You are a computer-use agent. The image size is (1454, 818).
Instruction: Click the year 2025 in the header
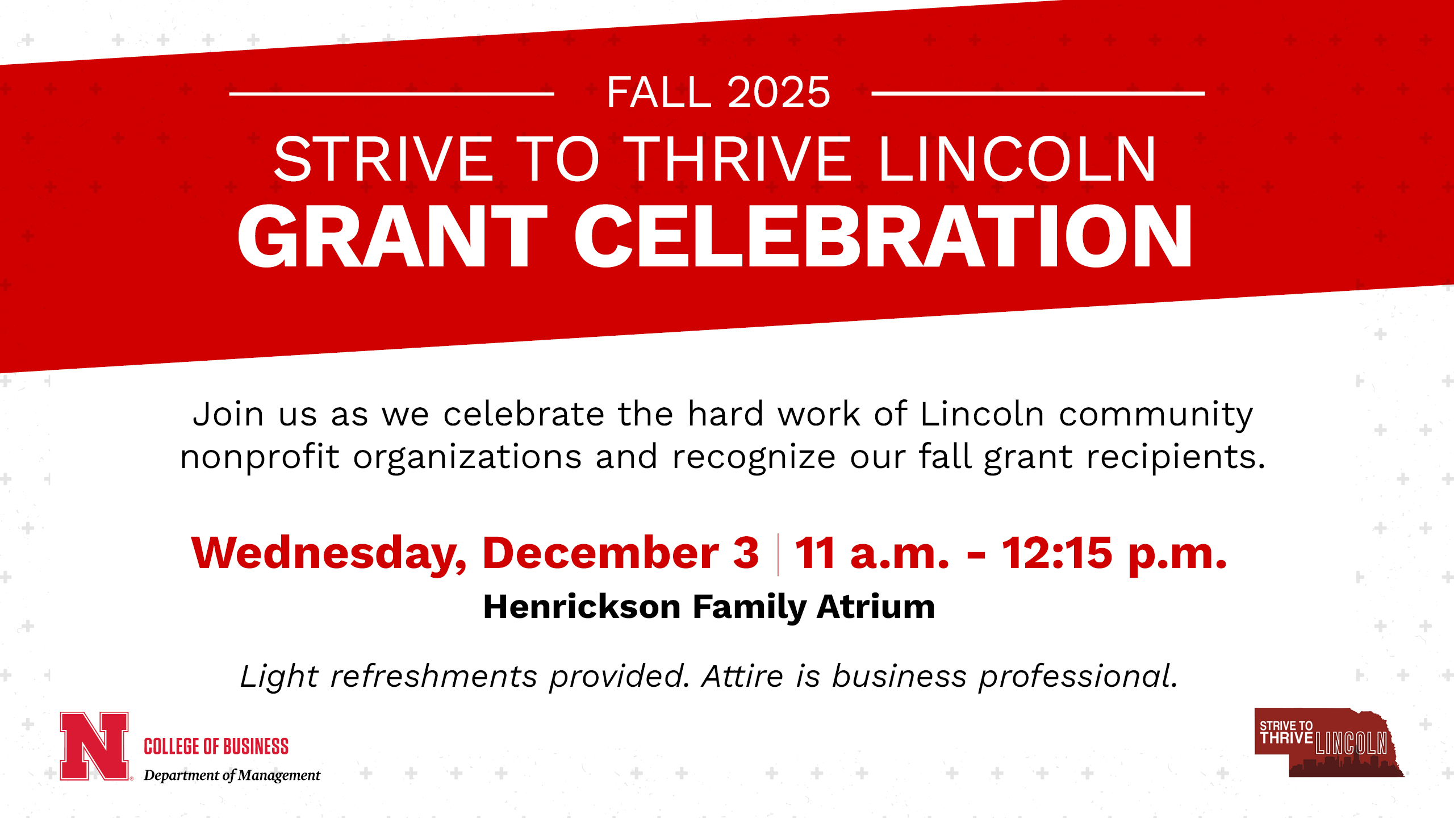779,92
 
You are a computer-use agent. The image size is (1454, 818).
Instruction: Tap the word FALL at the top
659,92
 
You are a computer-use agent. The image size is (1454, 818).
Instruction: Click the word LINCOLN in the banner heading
1017,160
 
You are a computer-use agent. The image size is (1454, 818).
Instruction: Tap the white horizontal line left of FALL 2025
391,94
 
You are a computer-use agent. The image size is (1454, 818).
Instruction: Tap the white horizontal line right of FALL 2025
1038,94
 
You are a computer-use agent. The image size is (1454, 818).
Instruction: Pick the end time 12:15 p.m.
1113,553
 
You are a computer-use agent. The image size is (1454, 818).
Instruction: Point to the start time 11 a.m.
872,553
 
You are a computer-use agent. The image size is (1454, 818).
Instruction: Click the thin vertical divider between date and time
778,554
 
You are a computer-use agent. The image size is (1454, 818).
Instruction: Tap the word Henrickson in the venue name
582,607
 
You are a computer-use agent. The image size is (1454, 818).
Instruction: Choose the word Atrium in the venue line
875,607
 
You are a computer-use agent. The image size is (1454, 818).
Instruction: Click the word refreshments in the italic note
434,677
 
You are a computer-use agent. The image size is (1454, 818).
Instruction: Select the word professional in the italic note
1077,677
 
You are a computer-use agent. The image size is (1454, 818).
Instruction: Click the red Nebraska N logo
94,746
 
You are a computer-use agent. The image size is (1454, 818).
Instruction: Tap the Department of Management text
232,775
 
